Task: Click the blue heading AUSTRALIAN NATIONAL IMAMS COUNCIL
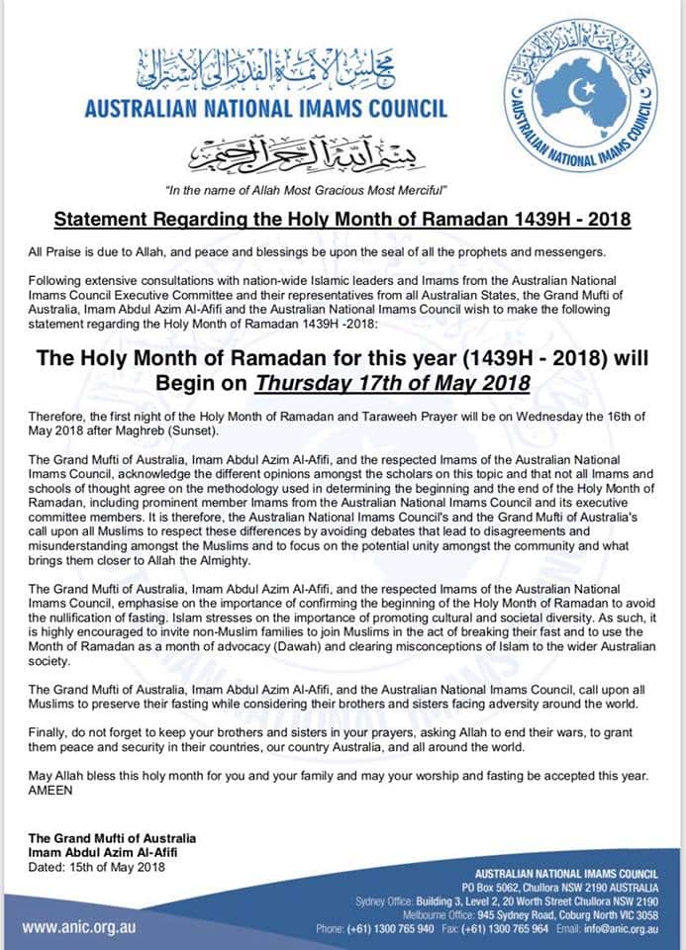[265, 110]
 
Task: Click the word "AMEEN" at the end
[53, 791]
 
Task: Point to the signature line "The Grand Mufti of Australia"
[112, 839]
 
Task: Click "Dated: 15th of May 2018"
[97, 867]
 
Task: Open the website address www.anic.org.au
[79, 927]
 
